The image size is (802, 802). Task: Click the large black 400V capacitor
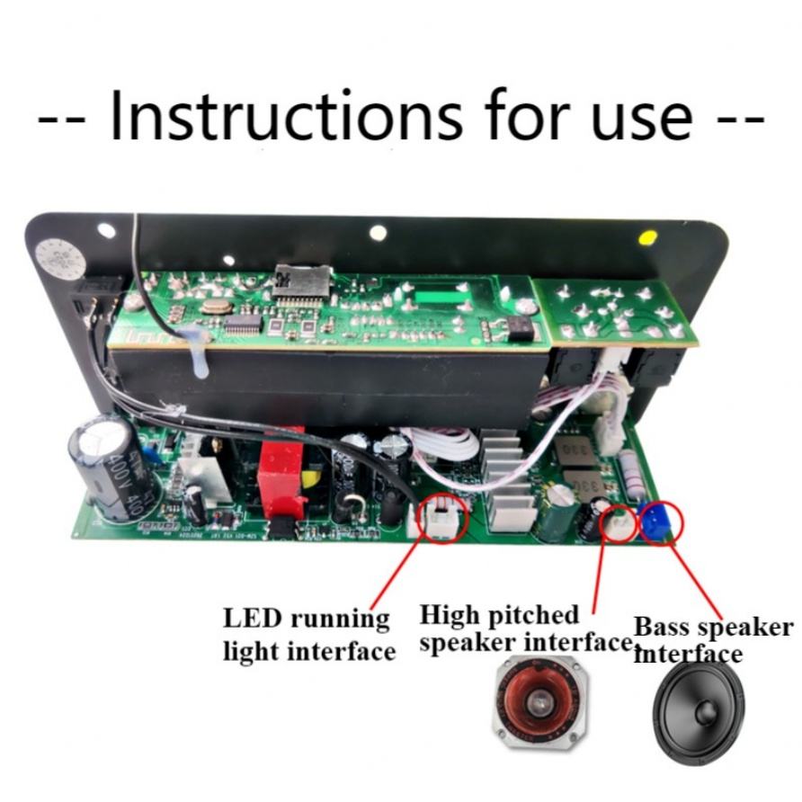pyautogui.click(x=104, y=466)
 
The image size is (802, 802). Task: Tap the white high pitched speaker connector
pyautogui.click(x=619, y=522)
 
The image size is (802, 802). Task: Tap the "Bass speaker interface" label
pyautogui.click(x=710, y=638)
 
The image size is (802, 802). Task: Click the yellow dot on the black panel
pyautogui.click(x=646, y=238)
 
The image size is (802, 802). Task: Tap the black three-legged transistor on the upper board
pyautogui.click(x=520, y=327)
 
